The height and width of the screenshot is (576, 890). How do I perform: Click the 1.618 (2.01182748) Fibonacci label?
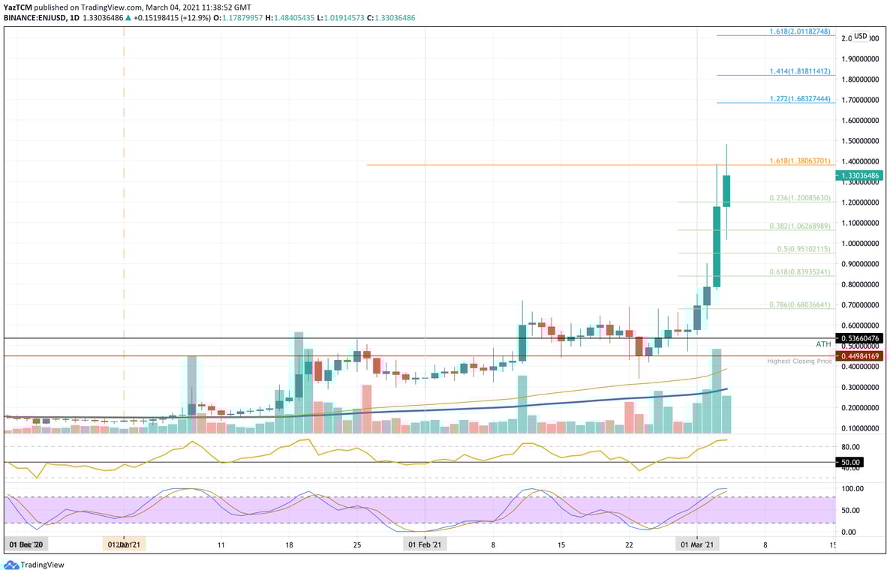click(800, 32)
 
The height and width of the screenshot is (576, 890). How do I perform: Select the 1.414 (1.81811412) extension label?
click(800, 71)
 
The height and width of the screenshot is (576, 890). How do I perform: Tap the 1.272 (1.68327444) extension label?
click(800, 99)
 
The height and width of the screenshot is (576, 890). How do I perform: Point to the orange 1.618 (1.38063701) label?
click(800, 160)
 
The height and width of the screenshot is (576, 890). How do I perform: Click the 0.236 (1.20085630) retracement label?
click(800, 198)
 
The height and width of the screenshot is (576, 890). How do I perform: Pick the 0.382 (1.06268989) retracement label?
click(800, 226)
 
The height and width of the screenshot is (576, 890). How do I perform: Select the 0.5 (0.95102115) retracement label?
click(803, 249)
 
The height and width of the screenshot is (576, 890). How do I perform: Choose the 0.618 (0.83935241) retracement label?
click(800, 272)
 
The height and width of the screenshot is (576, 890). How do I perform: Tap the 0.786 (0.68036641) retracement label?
click(800, 304)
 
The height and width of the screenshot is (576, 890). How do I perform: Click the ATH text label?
click(823, 343)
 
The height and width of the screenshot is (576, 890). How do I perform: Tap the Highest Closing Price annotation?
click(798, 361)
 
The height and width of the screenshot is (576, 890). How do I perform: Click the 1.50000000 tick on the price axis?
click(859, 141)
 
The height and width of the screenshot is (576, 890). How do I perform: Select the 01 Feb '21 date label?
click(425, 543)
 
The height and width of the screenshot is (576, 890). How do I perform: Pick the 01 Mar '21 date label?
click(696, 543)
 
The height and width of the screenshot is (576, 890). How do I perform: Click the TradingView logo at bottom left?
click(35, 565)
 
